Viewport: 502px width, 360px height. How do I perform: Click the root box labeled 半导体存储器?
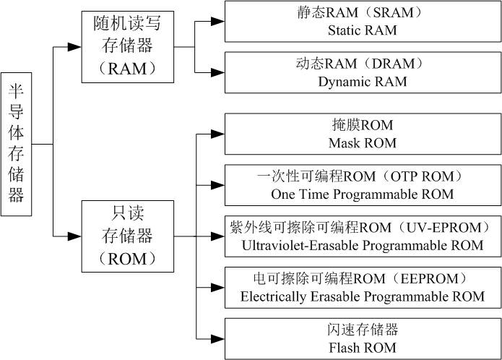click(x=16, y=144)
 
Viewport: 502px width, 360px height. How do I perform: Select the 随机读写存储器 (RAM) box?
click(x=127, y=47)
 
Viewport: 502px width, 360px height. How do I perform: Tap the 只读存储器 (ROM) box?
click(x=127, y=236)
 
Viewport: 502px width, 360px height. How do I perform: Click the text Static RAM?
click(x=362, y=30)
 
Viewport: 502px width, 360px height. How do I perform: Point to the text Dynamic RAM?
click(x=362, y=82)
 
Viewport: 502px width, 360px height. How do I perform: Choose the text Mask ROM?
click(x=362, y=143)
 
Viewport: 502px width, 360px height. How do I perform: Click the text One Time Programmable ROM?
click(x=362, y=194)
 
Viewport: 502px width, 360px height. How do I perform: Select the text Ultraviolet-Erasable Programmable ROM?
click(x=362, y=245)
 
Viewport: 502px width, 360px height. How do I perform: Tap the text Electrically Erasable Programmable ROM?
click(x=362, y=296)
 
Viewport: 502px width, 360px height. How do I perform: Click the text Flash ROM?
click(x=362, y=348)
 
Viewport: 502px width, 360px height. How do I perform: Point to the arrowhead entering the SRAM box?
click(x=217, y=22)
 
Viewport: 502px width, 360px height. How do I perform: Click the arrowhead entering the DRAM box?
click(x=217, y=72)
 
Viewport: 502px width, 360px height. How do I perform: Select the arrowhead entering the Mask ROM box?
click(x=217, y=133)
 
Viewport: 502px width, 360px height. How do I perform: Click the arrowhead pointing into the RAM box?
click(x=74, y=47)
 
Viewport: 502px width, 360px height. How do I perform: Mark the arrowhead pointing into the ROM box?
click(x=74, y=236)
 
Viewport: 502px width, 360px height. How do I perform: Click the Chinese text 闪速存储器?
click(x=362, y=330)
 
